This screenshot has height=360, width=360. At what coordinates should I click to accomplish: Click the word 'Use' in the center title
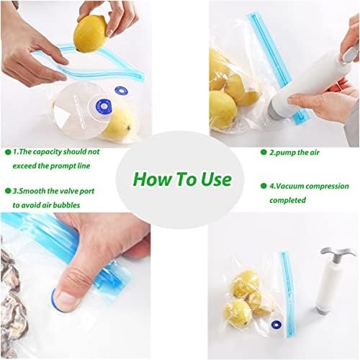tap(216, 179)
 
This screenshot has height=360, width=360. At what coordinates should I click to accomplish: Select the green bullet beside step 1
tap(8, 152)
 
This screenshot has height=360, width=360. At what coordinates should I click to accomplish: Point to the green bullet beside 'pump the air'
tap(264, 152)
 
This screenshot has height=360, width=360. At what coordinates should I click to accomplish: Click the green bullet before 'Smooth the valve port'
tap(8, 191)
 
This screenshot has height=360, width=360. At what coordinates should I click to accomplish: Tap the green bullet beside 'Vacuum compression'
tap(264, 186)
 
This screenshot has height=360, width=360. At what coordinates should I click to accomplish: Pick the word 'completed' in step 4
tap(287, 200)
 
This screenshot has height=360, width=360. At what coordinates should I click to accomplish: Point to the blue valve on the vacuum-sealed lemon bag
tap(276, 325)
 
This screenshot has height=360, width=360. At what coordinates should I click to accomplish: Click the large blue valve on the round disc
tap(104, 106)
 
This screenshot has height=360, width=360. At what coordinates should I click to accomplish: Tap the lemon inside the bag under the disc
tap(119, 124)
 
